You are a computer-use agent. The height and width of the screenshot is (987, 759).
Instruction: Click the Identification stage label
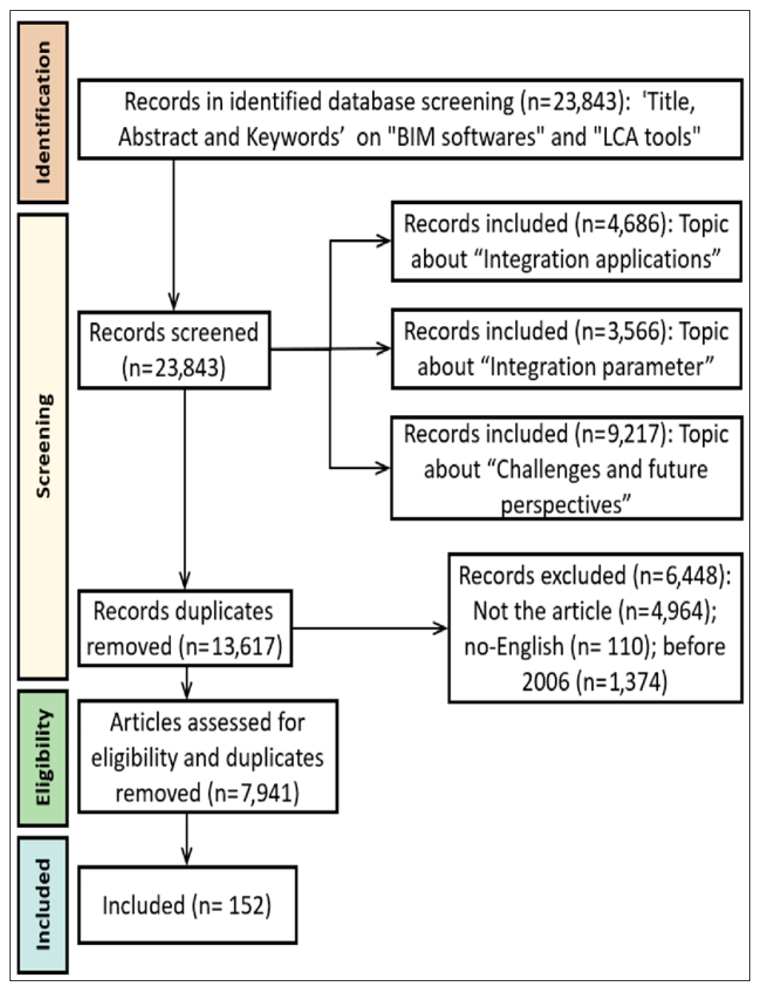43,112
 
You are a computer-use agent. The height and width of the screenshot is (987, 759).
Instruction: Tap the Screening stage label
43,446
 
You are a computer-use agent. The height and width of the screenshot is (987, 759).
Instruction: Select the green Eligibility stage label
43,758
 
